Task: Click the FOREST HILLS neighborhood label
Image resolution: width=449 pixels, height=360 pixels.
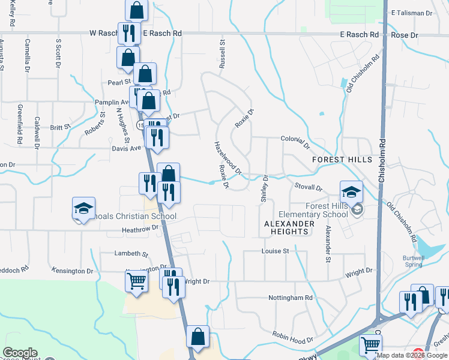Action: click(x=342, y=160)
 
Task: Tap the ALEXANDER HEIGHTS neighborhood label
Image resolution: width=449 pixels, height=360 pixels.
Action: click(x=289, y=227)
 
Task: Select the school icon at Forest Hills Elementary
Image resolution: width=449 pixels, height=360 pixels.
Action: click(x=352, y=193)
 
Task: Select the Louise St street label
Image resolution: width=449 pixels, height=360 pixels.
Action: click(x=276, y=251)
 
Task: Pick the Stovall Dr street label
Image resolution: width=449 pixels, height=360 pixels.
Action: click(x=309, y=187)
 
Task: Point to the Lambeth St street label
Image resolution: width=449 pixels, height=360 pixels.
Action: click(x=131, y=254)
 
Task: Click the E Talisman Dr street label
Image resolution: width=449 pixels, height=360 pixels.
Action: click(x=412, y=13)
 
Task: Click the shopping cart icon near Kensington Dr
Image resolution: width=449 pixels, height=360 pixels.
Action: click(x=136, y=281)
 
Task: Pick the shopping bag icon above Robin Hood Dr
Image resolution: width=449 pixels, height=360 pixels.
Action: click(x=197, y=338)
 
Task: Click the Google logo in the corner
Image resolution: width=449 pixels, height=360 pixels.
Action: click(x=20, y=353)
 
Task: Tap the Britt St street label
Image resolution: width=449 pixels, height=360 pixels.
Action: click(x=60, y=127)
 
